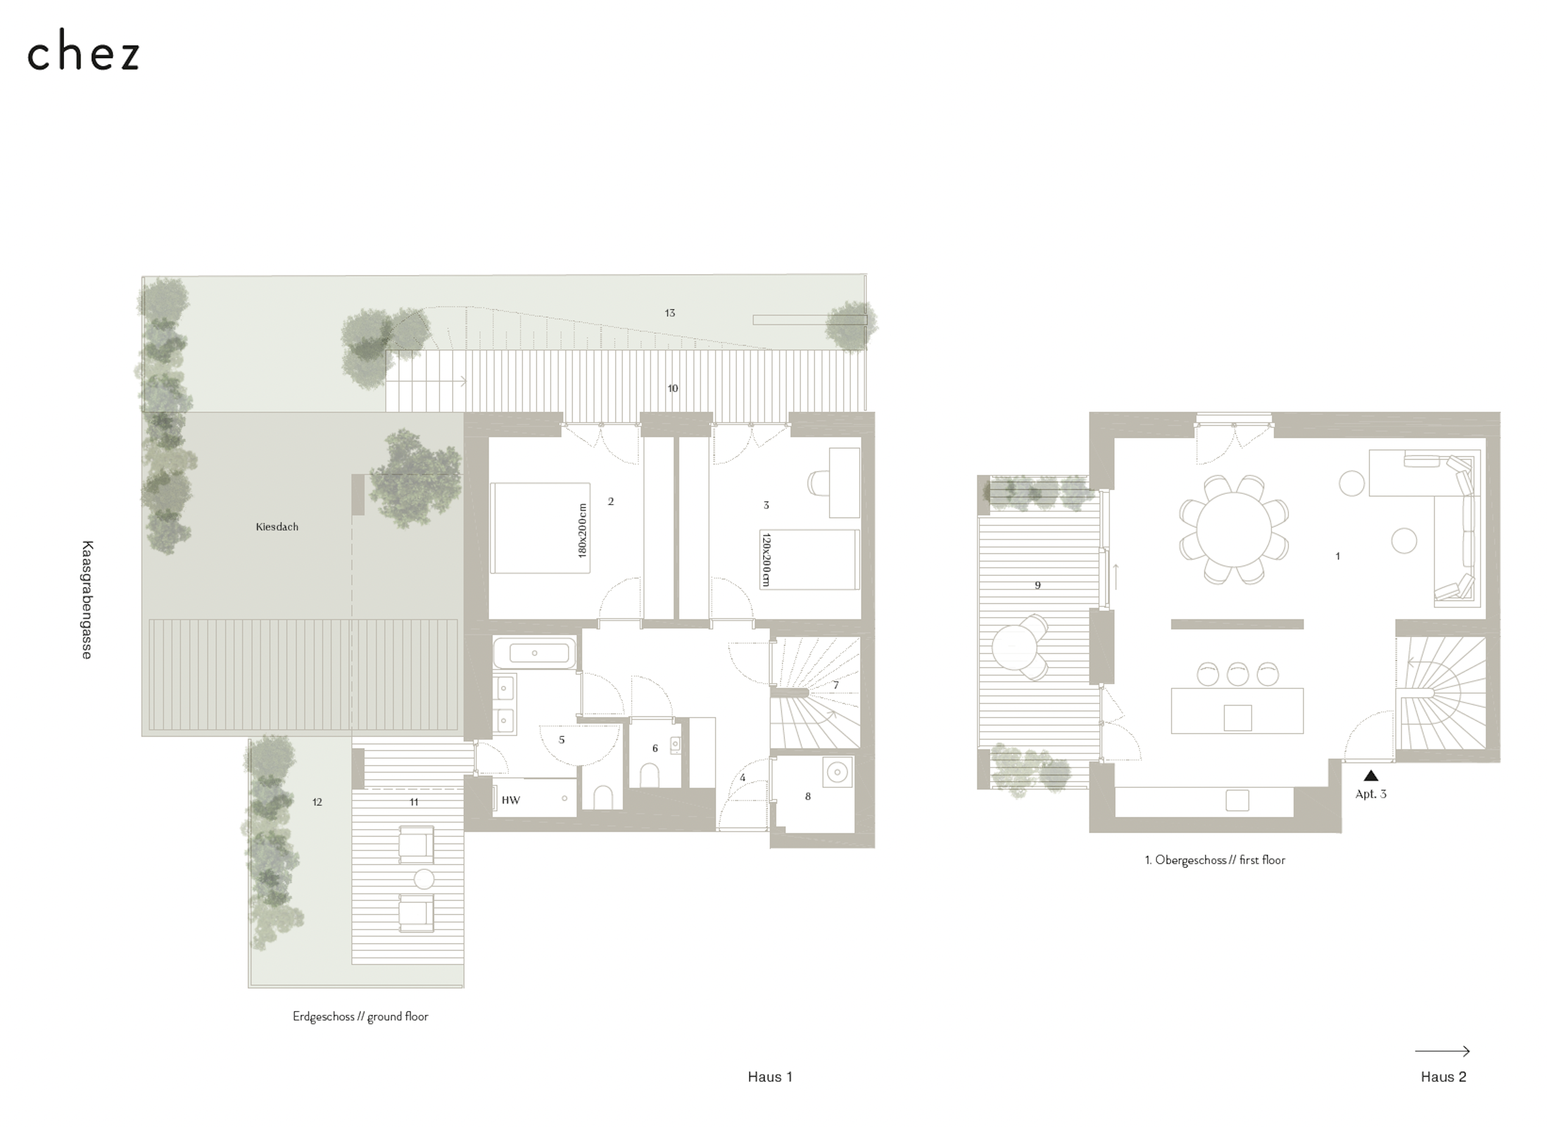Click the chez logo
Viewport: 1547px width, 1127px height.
click(x=83, y=50)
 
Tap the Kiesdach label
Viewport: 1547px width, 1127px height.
click(x=277, y=527)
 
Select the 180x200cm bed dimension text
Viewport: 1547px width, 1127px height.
click(x=582, y=531)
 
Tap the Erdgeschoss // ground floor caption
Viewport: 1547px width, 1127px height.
click(x=360, y=1017)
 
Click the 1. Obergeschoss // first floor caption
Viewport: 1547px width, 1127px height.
click(x=1215, y=860)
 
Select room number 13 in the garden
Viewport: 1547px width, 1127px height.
click(x=670, y=313)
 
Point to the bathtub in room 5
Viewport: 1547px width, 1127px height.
click(x=534, y=653)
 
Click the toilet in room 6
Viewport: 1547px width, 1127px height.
click(x=649, y=775)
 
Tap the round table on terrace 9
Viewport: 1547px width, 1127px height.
click(x=1015, y=648)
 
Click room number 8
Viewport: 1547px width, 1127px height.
click(x=808, y=796)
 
